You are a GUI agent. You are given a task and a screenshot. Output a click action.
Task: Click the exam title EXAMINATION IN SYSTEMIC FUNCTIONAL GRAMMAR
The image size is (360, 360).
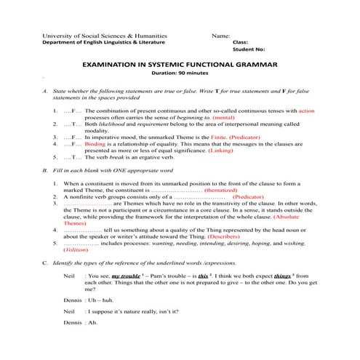pyautogui.click(x=180, y=65)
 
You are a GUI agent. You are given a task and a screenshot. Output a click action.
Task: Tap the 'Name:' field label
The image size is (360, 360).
pyautogui.click(x=220, y=36)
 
